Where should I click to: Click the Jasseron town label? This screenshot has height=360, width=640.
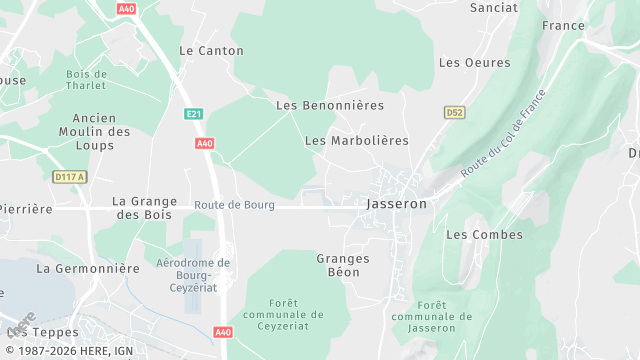click(x=397, y=203)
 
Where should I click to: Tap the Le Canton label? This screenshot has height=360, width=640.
click(x=211, y=50)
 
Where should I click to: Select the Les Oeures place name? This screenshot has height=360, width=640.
click(x=474, y=62)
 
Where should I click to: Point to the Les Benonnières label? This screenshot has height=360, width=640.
click(x=330, y=105)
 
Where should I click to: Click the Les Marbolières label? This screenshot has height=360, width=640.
click(x=357, y=141)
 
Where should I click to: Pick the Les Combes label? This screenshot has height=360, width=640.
click(x=484, y=235)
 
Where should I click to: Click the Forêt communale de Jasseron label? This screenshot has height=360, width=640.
click(x=432, y=316)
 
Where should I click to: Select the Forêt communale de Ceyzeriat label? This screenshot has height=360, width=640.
click(x=283, y=314)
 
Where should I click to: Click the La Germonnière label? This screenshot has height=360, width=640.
click(x=88, y=268)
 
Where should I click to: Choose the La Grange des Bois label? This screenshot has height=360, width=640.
click(x=145, y=207)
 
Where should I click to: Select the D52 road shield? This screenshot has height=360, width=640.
click(x=455, y=113)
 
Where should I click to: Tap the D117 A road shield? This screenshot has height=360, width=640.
click(x=70, y=177)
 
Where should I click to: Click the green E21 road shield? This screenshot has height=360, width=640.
click(x=194, y=115)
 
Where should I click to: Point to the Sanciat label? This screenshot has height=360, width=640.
click(x=494, y=7)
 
